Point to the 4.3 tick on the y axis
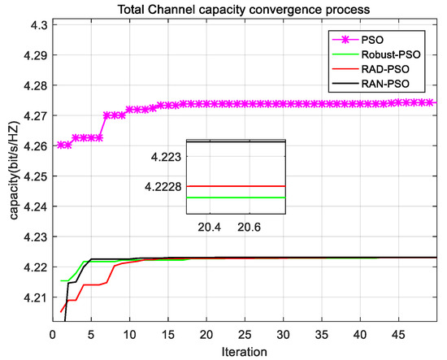[x=38, y=24]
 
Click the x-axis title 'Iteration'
[x=249, y=350]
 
